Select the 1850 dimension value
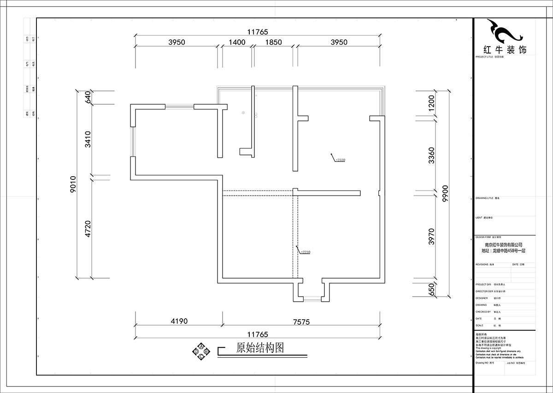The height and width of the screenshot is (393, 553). pyautogui.click(x=273, y=42)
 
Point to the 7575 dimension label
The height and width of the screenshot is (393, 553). pyautogui.click(x=301, y=322)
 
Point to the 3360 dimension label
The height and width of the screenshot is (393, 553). pyautogui.click(x=431, y=155)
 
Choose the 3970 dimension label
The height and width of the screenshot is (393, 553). pyautogui.click(x=431, y=237)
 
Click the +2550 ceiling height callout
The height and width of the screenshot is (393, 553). pyautogui.click(x=340, y=160)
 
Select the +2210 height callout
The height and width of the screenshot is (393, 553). pyautogui.click(x=306, y=252)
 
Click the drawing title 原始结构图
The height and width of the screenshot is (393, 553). pyautogui.click(x=259, y=348)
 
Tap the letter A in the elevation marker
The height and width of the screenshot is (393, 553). pyautogui.click(x=201, y=346)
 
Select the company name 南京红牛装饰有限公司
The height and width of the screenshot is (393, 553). pyautogui.click(x=503, y=245)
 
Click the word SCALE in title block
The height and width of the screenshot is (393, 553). pyautogui.click(x=479, y=325)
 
